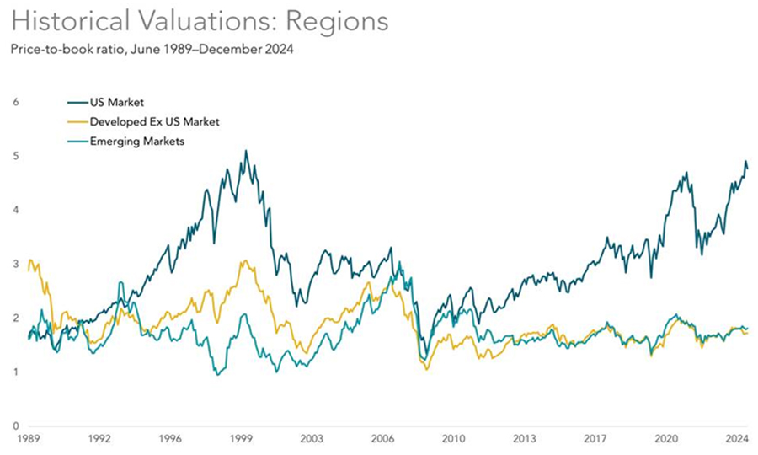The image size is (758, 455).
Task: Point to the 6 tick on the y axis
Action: pos(13,103)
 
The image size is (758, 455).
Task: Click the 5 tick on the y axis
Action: pos(13,157)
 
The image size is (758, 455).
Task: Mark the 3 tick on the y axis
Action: pos(13,265)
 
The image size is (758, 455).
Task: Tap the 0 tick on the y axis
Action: pos(13,426)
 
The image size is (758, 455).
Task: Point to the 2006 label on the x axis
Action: pos(383,439)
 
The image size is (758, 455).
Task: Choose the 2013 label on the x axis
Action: pos(526,439)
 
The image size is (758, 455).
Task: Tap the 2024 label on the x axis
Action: pos(737,439)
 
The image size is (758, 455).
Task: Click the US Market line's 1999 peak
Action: pos(245,152)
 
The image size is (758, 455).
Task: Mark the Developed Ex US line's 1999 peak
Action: pos(244,261)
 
